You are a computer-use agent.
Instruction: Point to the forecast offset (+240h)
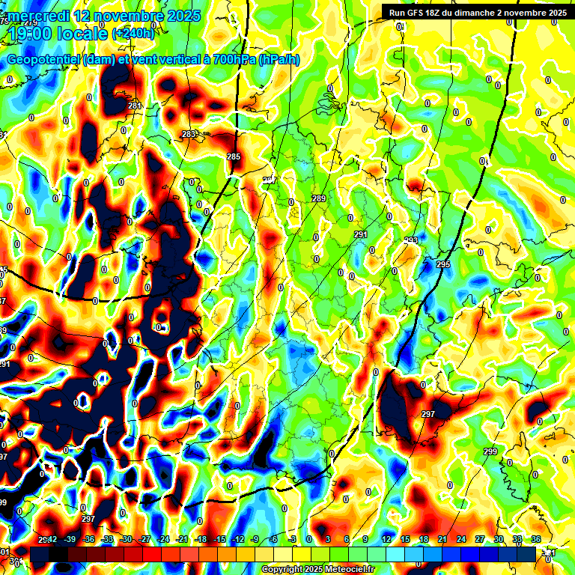click(133, 34)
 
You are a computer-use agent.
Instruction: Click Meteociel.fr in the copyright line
click(346, 570)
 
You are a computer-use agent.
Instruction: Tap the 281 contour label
click(135, 106)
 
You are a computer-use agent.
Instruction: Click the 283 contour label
click(189, 134)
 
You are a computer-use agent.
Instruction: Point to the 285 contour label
click(234, 156)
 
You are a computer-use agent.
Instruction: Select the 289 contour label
click(319, 198)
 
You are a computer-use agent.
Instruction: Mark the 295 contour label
click(443, 265)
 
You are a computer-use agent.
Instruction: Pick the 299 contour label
click(490, 451)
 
